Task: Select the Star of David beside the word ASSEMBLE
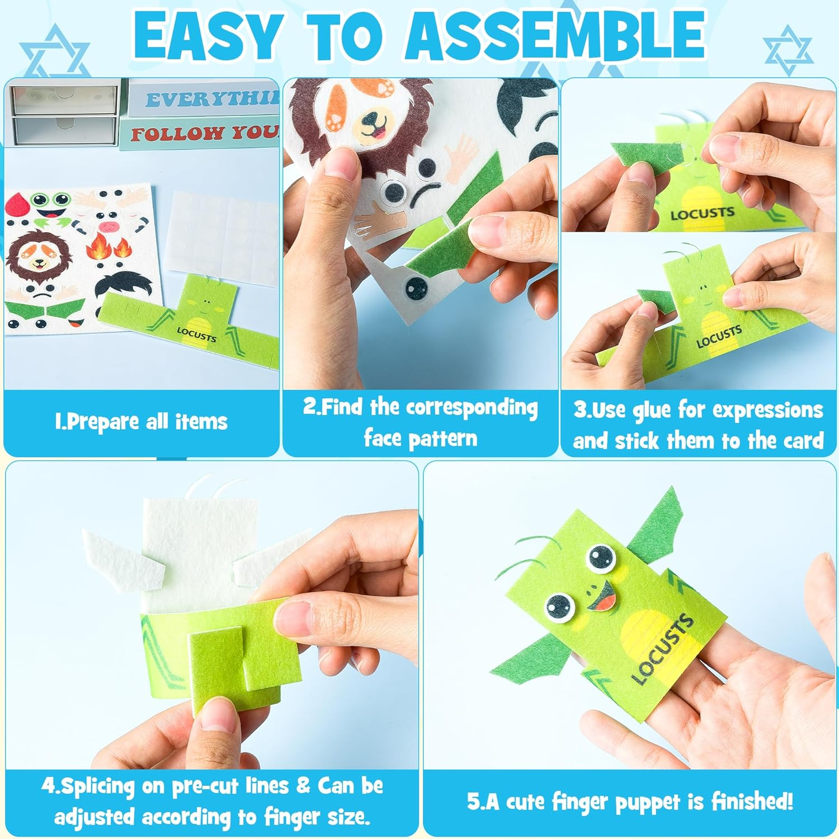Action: tap(789, 50)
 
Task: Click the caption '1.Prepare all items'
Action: tap(141, 422)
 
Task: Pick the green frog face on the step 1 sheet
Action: tap(48, 205)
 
